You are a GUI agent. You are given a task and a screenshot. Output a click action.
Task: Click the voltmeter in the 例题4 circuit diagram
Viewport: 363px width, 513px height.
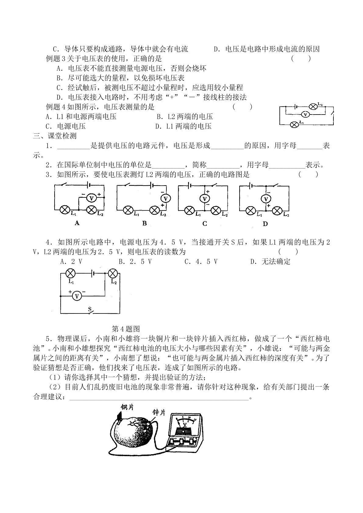[x=305, y=114]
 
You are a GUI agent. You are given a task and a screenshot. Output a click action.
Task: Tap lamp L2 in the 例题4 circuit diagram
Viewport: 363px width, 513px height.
[x=313, y=107]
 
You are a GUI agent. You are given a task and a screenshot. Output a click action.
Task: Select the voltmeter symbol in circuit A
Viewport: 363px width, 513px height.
[x=91, y=198]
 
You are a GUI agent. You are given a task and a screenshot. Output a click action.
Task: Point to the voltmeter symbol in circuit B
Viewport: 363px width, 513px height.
[x=166, y=198]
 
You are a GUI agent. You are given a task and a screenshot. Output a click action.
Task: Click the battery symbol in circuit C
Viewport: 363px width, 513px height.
[x=189, y=186]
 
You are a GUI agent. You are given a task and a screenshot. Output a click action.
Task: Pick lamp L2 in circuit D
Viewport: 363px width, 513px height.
[x=277, y=211]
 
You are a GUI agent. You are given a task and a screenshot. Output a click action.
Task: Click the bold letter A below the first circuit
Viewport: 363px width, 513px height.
[x=77, y=223]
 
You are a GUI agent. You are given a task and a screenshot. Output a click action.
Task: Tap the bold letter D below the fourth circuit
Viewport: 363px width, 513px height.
[x=265, y=224]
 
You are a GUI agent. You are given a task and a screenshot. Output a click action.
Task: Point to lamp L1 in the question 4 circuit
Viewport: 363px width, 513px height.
[x=71, y=273]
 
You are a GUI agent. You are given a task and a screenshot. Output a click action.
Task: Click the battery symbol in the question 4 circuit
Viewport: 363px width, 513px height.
[x=93, y=273]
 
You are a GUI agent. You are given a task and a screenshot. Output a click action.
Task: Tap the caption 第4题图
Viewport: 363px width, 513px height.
[x=126, y=329]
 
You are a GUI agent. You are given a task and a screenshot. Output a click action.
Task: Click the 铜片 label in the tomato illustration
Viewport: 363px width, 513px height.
[x=127, y=407]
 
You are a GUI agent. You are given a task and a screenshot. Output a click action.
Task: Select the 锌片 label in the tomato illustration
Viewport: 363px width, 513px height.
[x=159, y=412]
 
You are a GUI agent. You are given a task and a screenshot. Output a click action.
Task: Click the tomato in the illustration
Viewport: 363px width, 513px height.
[x=133, y=431]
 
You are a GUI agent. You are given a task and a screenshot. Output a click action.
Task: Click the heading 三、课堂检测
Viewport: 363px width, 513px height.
[x=55, y=136]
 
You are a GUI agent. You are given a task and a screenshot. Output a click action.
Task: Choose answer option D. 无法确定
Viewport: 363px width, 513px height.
[x=270, y=261]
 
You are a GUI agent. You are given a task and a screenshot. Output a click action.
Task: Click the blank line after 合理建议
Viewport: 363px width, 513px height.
[x=159, y=400]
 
